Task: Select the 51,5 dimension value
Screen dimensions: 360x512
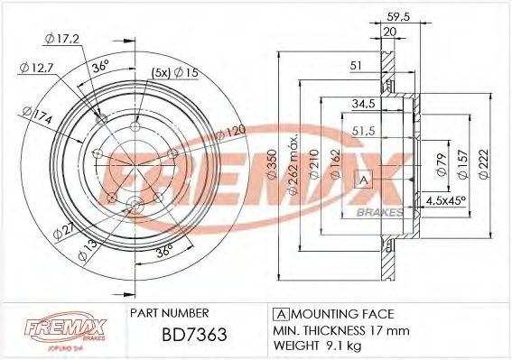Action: [x=364, y=131]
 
